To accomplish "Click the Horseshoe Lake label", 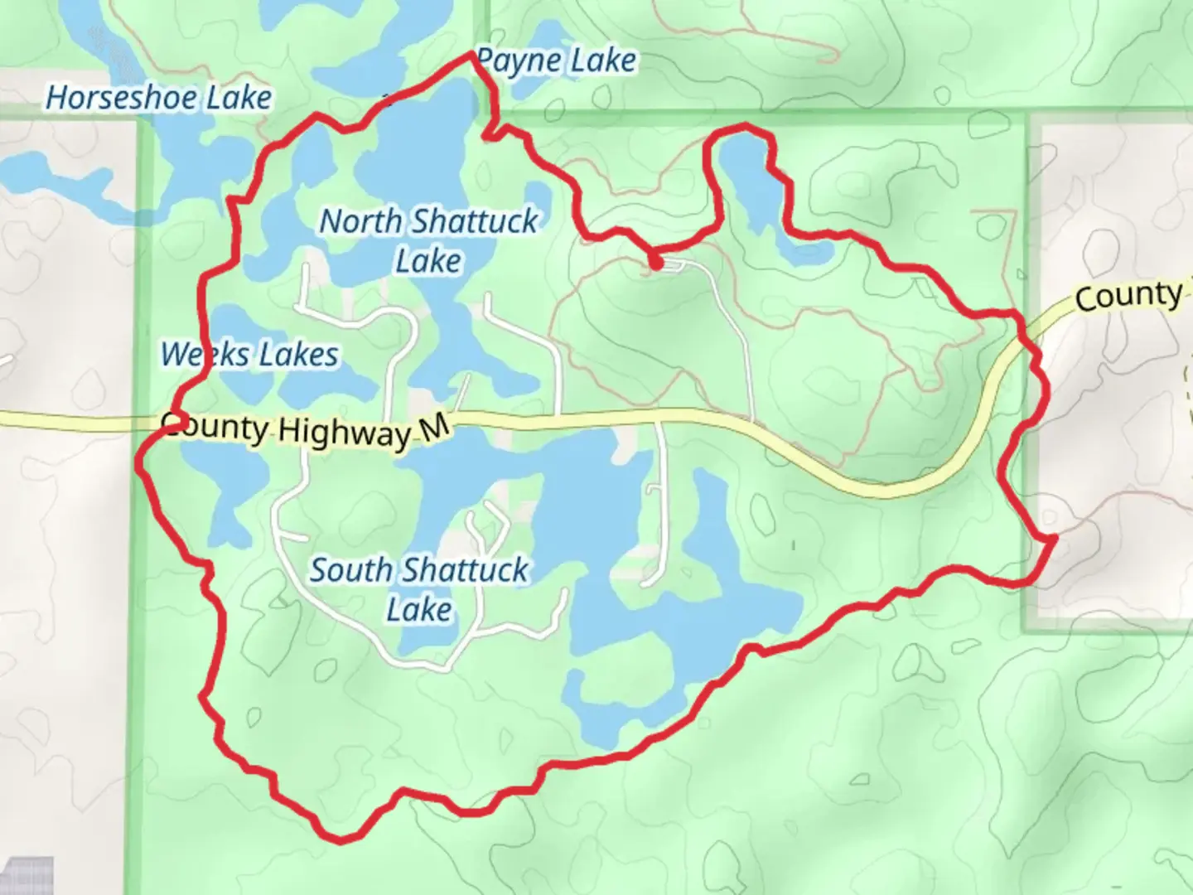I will (x=158, y=98).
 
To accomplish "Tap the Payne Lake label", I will (x=557, y=60).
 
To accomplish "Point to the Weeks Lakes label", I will (x=249, y=355).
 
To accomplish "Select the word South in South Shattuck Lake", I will (x=351, y=570).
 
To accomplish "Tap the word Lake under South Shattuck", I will (x=419, y=610).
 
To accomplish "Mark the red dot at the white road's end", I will (x=655, y=264).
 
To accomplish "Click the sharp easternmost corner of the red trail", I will (x=1054, y=539).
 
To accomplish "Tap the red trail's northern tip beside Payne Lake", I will (x=473, y=54).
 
